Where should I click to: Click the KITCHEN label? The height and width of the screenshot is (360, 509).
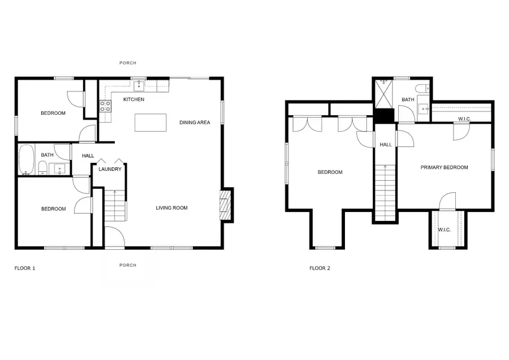click(133, 99)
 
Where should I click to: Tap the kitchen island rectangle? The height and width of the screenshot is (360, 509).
click(150, 123)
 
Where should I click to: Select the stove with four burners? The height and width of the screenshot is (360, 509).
click(105, 106)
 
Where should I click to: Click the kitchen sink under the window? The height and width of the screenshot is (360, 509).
click(139, 86)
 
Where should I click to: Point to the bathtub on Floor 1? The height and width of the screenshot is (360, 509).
click(26, 159)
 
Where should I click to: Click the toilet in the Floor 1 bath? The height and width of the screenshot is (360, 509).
click(42, 168)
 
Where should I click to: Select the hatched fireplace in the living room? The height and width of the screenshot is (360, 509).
click(225, 206)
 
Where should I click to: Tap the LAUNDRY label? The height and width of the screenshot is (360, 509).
click(110, 169)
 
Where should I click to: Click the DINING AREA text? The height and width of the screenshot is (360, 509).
click(195, 122)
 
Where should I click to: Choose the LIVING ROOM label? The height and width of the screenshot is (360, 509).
click(172, 208)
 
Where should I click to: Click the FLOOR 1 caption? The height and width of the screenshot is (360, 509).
click(25, 268)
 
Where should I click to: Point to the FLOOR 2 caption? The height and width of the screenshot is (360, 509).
click(320, 268)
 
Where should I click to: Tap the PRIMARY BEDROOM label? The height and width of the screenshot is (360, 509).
click(445, 167)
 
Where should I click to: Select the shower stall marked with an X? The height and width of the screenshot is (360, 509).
click(383, 94)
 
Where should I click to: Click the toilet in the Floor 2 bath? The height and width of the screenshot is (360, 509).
click(422, 88)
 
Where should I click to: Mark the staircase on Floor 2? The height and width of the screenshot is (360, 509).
click(385, 193)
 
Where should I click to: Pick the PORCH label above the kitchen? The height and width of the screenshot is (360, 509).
click(128, 63)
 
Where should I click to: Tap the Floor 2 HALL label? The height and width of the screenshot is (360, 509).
click(386, 145)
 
